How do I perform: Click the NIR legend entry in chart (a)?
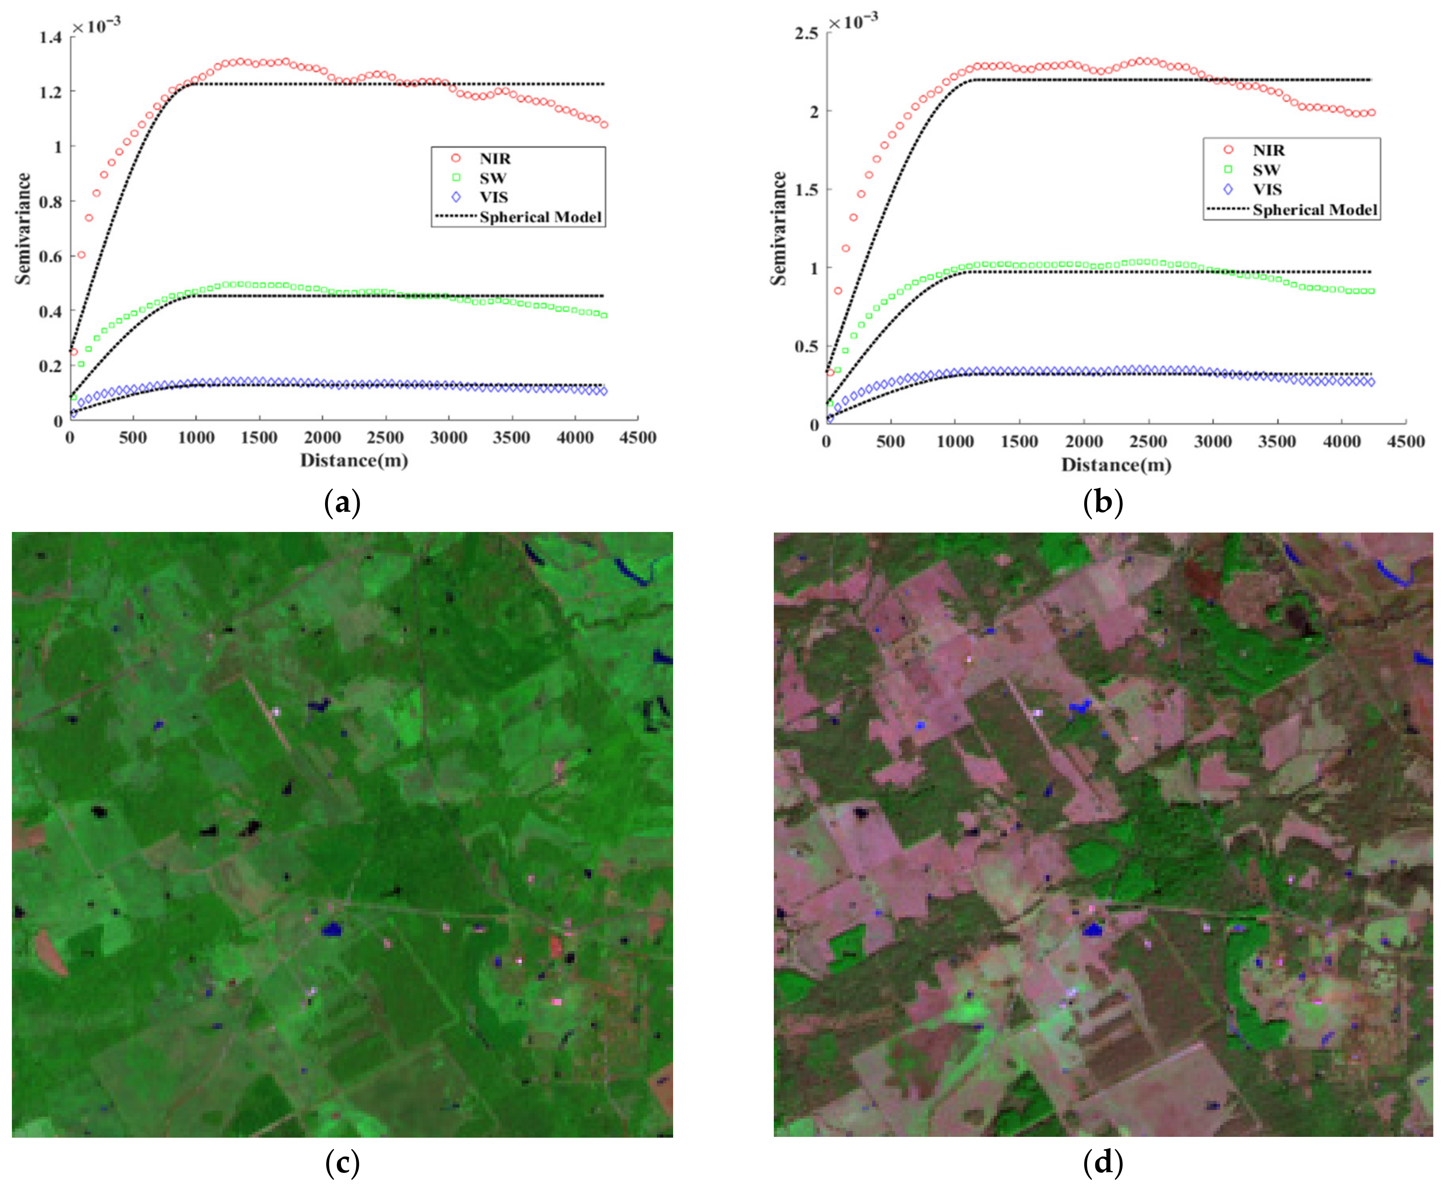[494, 158]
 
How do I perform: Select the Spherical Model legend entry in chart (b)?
[1314, 210]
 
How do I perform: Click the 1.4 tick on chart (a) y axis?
[50, 37]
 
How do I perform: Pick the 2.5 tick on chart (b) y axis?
[806, 33]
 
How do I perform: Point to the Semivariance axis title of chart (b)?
[778, 228]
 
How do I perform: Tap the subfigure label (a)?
[341, 503]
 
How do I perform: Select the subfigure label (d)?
[1102, 1163]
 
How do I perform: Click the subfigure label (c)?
[341, 1163]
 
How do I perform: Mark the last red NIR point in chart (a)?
[604, 125]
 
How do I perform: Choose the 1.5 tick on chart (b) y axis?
[806, 190]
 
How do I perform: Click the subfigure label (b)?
[1102, 503]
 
